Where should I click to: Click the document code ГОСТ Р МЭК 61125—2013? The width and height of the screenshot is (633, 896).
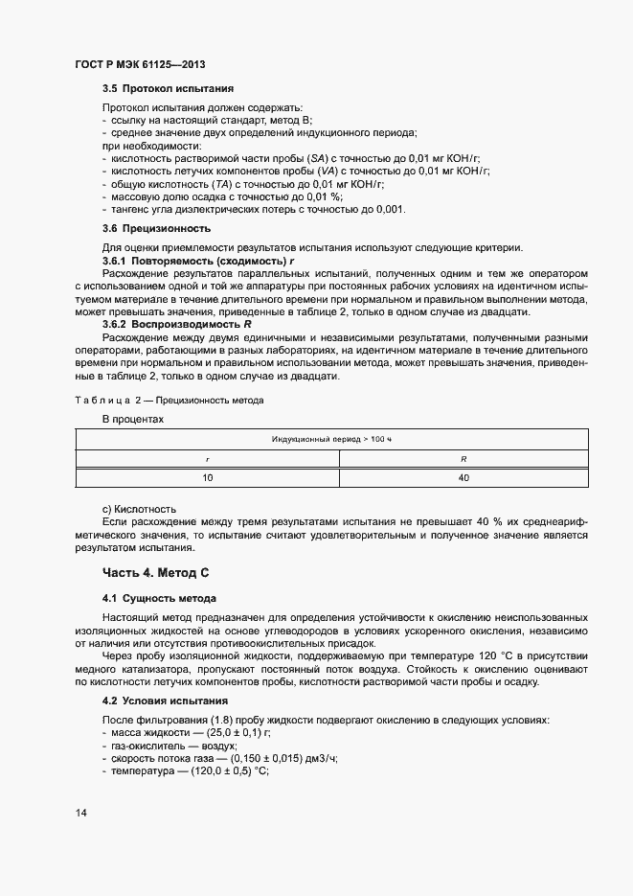140,65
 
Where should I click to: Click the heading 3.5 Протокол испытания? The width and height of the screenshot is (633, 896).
168,89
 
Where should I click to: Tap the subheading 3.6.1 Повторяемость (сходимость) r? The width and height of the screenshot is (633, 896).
199,262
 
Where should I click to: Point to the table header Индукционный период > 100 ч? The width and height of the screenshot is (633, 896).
332,438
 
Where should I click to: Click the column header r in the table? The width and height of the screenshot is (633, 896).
207,459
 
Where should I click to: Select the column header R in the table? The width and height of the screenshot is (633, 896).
463,459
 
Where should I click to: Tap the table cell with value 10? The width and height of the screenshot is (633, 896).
207,477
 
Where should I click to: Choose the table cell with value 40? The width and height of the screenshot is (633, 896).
463,477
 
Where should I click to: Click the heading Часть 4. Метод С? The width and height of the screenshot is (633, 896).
155,573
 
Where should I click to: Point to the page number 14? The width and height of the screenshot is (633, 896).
81,814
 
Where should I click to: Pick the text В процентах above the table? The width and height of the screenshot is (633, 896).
133,419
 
